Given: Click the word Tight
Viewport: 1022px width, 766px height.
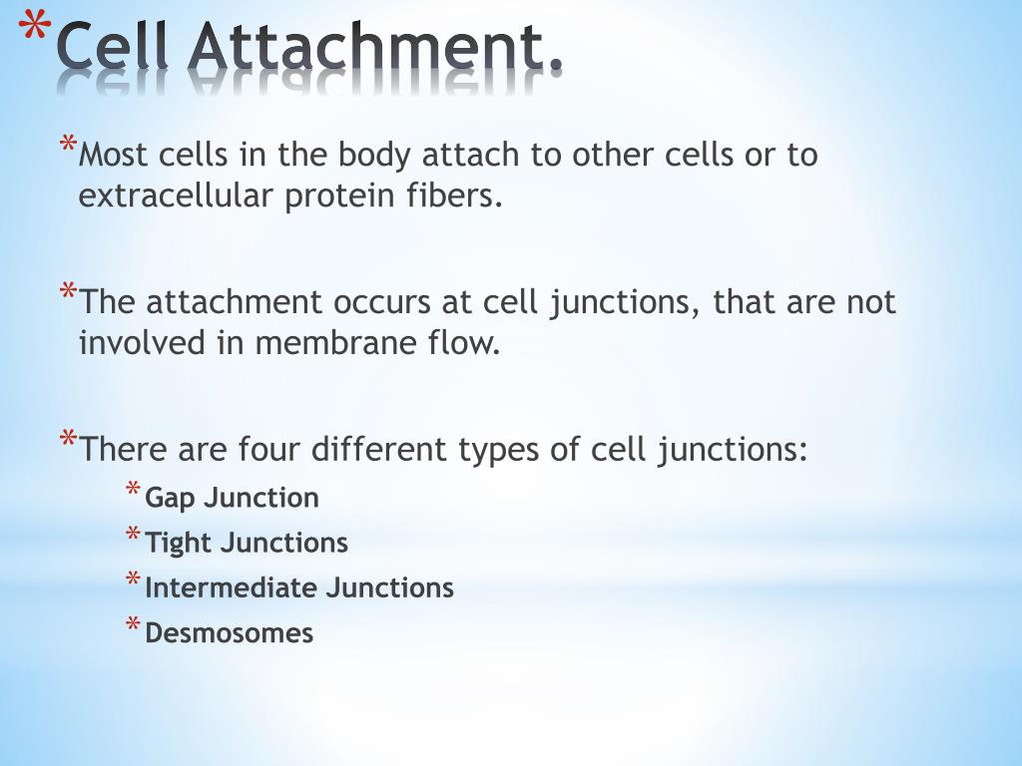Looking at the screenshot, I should tap(179, 543).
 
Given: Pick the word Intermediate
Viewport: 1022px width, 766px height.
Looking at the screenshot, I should tap(221, 587).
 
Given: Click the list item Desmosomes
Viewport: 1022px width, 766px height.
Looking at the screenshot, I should tap(230, 632).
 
